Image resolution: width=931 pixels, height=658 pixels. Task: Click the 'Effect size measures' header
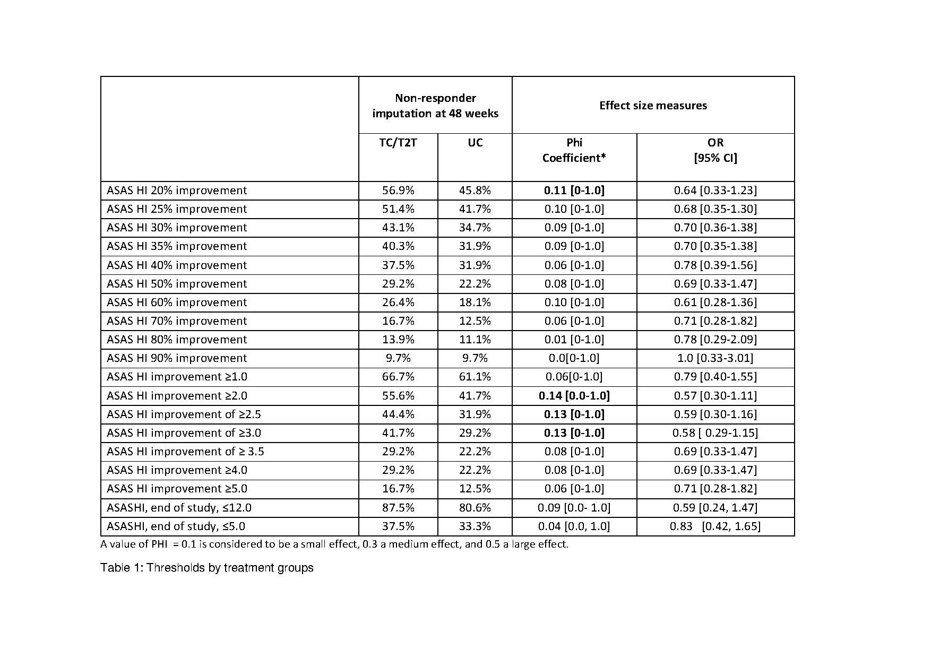tap(653, 106)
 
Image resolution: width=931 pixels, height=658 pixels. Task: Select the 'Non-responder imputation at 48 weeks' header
tap(435, 106)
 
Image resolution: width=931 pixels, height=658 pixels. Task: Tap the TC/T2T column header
tap(398, 143)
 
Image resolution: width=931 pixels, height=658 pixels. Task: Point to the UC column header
tap(475, 143)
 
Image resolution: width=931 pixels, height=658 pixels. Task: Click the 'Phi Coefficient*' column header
tap(574, 150)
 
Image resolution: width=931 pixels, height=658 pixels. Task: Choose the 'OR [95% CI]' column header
tap(716, 150)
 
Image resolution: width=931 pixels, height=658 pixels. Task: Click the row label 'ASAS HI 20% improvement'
tap(177, 191)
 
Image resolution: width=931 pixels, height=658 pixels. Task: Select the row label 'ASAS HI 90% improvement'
tap(177, 358)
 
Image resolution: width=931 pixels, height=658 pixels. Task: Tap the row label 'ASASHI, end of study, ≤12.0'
tap(179, 508)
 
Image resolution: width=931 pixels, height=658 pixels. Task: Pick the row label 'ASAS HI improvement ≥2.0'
tap(177, 396)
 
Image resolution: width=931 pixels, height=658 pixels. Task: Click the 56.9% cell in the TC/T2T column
tap(398, 191)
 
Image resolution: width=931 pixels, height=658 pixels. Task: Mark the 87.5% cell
tap(398, 508)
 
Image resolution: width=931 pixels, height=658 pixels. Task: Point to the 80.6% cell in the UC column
tap(475, 508)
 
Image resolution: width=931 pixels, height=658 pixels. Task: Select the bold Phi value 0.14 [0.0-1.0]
tap(574, 396)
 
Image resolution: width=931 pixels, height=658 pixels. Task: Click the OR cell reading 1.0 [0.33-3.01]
tap(716, 358)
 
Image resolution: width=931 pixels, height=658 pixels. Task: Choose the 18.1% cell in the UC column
tap(475, 302)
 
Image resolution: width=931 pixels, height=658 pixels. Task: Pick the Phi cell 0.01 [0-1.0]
tap(574, 340)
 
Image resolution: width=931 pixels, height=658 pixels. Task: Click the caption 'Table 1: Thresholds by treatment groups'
tap(207, 568)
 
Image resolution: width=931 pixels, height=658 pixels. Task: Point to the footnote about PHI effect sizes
tap(334, 544)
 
